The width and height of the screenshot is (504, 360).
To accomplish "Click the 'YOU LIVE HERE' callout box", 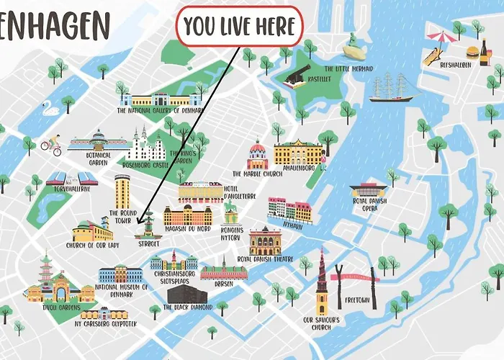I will tap(240, 27).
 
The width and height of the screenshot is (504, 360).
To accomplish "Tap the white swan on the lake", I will tap(49, 109).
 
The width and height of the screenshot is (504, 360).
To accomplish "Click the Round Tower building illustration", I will tap(122, 191).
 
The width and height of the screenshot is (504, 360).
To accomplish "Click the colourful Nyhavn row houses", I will tap(290, 210).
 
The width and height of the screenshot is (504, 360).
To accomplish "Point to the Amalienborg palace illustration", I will tap(298, 152).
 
